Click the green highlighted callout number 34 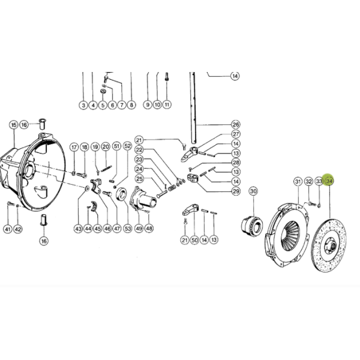329,181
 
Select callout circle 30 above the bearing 253,191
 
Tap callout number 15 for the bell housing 14,125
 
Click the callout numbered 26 236,125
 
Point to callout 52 127,146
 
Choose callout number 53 128,229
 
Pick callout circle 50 194,240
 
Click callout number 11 167,104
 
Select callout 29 236,191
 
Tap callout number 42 18,229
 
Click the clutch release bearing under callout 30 251,224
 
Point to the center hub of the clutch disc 331,246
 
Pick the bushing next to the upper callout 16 42,124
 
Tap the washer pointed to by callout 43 87,189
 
